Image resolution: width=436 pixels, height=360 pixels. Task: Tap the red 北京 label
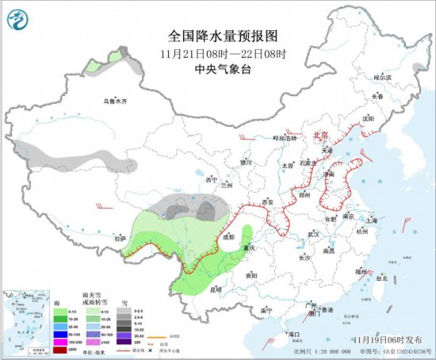[320, 136]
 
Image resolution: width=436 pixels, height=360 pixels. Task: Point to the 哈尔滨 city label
[383, 78]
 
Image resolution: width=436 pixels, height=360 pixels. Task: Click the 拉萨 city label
[120, 238]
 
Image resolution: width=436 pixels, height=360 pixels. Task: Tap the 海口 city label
[294, 334]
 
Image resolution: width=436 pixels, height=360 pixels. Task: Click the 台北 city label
[381, 279]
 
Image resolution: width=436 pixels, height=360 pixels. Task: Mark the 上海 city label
[367, 222]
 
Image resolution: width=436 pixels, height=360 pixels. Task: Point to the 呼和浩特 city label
[284, 138]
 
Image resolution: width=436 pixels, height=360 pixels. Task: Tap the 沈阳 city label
[367, 118]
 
